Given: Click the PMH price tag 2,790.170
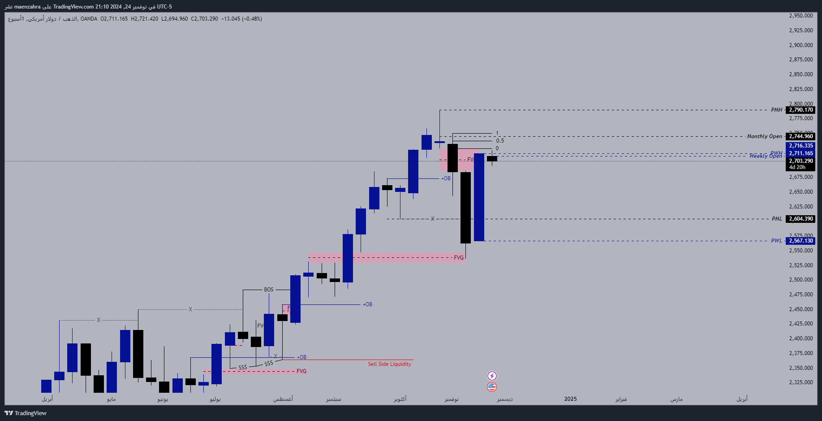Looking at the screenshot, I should click(800, 110).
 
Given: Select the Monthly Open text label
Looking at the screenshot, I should click(764, 136).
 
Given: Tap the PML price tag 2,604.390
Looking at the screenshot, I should click(800, 219).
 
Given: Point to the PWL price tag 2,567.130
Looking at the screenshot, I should click(800, 241).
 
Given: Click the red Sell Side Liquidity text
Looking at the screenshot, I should click(389, 364).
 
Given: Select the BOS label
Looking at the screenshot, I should click(268, 290).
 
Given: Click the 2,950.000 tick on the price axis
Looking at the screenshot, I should click(801, 16).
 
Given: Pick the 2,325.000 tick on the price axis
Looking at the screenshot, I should click(801, 382).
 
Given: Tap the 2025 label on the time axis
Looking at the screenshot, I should click(570, 399).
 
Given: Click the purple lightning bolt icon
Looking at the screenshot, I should click(492, 376).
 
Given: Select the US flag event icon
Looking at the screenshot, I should click(492, 386).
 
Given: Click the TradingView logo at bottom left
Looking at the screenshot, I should click(26, 413).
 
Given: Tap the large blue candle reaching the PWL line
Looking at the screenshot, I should click(479, 197).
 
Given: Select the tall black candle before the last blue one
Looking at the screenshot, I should click(465, 207).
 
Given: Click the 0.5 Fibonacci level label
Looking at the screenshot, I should click(500, 141).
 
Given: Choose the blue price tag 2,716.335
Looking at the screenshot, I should click(800, 146).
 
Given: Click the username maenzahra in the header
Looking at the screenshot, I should click(27, 7).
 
